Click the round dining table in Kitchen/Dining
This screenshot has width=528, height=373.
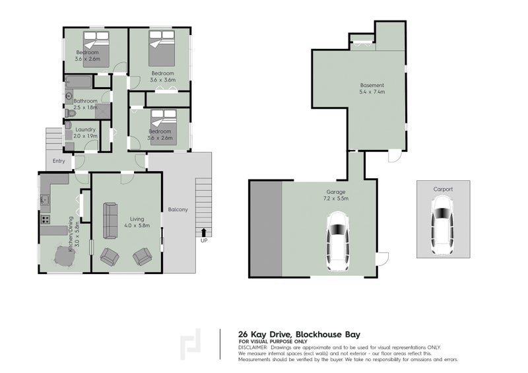tap(63, 257)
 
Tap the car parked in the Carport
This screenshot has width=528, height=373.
tap(442, 227)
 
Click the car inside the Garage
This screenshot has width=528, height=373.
tap(337, 242)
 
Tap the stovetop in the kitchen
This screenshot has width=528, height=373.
tap(47, 219)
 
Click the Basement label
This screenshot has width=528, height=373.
tap(372, 85)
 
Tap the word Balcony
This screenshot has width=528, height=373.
tap(178, 210)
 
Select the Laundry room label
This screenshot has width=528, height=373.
tap(86, 129)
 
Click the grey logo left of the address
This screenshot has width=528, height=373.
tap(192, 344)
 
